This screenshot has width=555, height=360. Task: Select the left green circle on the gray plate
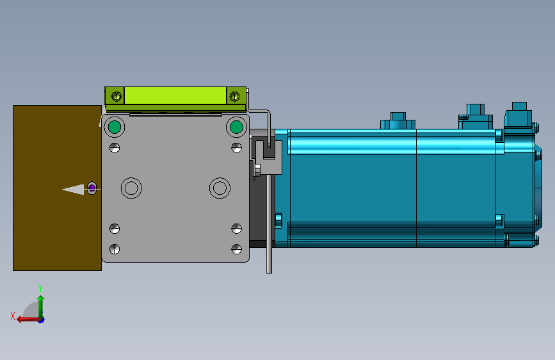(x=115, y=127)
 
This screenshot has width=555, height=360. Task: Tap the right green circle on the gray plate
(x=236, y=127)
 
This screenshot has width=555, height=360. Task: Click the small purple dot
(x=92, y=188)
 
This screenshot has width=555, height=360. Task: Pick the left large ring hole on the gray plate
(x=132, y=188)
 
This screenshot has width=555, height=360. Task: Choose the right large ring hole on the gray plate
(x=220, y=188)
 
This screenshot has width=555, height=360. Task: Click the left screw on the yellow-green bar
(x=116, y=97)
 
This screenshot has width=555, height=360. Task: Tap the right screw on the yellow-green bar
(x=234, y=97)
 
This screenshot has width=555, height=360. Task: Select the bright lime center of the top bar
(x=175, y=96)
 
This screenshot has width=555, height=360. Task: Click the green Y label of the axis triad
(x=40, y=288)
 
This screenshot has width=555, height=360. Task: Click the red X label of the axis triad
(x=12, y=316)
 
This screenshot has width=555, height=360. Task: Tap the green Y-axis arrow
(x=41, y=304)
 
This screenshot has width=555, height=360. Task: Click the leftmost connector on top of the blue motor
(x=398, y=120)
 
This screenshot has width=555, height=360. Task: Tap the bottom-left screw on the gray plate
(x=115, y=249)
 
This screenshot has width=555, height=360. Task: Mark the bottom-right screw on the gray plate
(x=236, y=249)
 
